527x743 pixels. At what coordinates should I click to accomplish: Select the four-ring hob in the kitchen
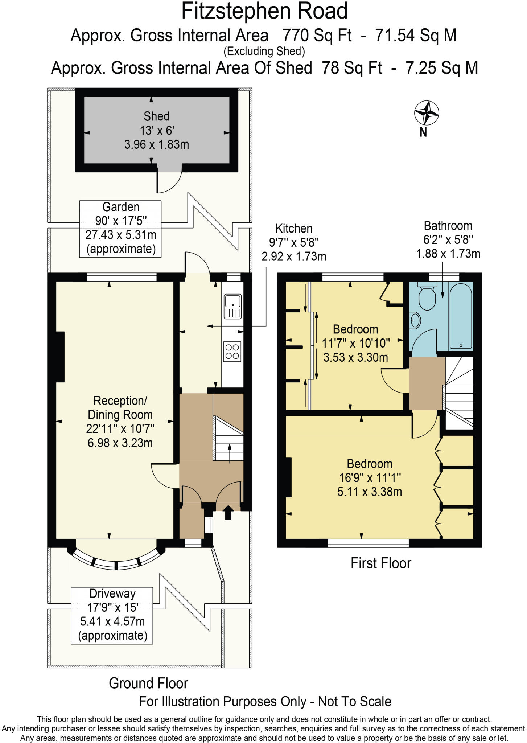pos(232,352)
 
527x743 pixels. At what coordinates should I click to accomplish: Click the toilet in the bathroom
pos(427,297)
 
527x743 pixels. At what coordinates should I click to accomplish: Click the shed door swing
pos(169,181)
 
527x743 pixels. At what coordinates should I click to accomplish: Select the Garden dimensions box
pos(120,229)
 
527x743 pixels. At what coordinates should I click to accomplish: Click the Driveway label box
pos(112,615)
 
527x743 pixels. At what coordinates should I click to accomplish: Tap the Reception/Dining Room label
pos(120,422)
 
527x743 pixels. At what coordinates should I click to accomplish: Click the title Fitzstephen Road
pos(264,11)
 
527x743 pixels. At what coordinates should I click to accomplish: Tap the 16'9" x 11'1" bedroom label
pos(369,477)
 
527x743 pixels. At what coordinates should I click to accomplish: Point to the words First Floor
pos(381,563)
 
